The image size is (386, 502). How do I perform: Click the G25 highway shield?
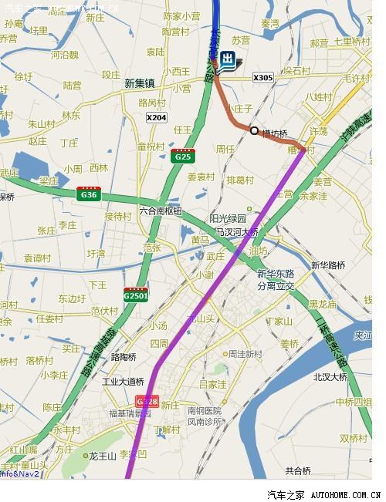point(182,156)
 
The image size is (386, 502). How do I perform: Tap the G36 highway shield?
point(89,194)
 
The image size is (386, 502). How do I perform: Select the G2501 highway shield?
point(136,294)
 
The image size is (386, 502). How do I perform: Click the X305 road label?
point(263,77)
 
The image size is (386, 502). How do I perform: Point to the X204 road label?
point(156,117)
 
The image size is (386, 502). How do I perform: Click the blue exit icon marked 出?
point(228,61)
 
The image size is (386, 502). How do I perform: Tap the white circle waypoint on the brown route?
point(254,130)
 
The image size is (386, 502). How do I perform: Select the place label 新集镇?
point(139,83)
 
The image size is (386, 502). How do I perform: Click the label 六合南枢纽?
point(161,211)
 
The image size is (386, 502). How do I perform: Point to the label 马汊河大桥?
point(237,231)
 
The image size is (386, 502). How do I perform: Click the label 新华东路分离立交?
point(276,279)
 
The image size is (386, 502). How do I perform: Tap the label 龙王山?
point(102,456)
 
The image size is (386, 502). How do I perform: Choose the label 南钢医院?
point(205,411)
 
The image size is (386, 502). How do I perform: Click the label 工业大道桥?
point(124,381)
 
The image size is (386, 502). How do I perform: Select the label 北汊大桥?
point(330,376)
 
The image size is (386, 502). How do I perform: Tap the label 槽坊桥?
point(275,133)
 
